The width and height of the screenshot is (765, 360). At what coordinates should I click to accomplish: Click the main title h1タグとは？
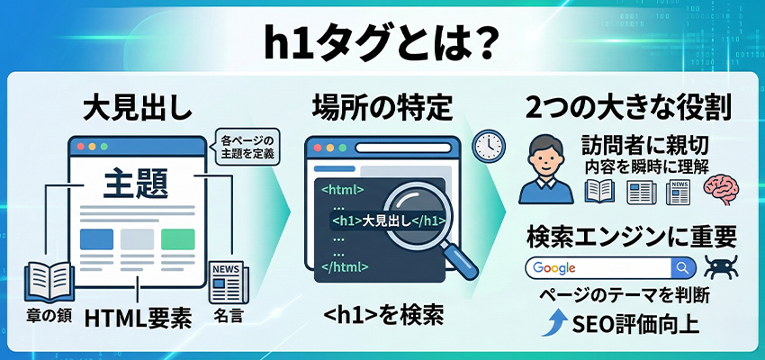click(382, 42)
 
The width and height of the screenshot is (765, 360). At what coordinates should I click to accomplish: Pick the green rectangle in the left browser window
click(177, 239)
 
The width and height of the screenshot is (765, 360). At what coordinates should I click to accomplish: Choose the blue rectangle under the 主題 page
click(96, 239)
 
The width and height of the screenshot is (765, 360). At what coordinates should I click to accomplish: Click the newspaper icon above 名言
click(227, 282)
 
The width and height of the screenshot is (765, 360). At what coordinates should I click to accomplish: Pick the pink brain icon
click(722, 191)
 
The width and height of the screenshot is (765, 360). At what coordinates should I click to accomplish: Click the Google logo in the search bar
click(554, 268)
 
